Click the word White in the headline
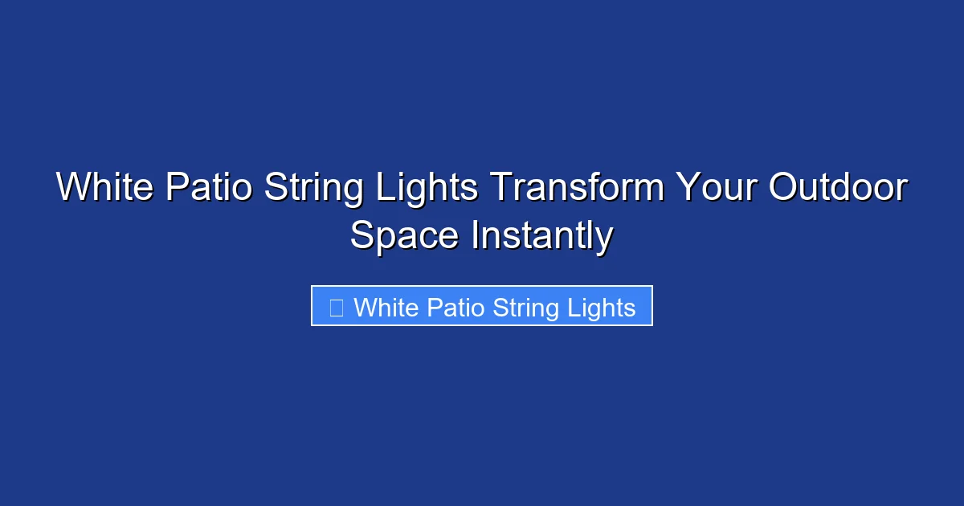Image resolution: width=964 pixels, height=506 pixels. [105, 189]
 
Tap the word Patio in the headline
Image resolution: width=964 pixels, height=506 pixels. [210, 189]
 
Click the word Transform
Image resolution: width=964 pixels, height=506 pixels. [578, 189]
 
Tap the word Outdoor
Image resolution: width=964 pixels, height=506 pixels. [838, 189]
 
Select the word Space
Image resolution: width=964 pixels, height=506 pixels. [404, 237]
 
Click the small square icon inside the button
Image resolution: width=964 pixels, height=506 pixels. [337, 308]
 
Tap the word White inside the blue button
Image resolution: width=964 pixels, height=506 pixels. [386, 308]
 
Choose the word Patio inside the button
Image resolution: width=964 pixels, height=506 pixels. [455, 308]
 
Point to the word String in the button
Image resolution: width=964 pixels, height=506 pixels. [524, 308]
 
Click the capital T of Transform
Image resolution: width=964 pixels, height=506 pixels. [500, 189]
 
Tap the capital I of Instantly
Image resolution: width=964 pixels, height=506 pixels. [475, 237]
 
